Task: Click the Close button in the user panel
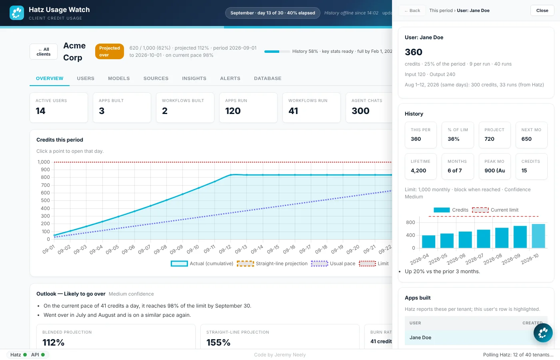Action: coord(542,10)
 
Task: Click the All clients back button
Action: coord(44,52)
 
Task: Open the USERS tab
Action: coord(86,78)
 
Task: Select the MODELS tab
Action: coord(119,78)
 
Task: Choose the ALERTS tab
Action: coord(230,78)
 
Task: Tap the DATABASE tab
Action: coord(268,78)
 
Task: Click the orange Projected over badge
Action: coord(110,51)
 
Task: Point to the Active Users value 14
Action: coord(40,111)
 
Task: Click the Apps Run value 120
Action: coord(233,111)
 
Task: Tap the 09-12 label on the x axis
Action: coord(225,249)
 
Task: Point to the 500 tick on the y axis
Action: coord(45,200)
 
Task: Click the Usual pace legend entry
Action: coord(333,264)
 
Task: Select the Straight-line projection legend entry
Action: coord(272,264)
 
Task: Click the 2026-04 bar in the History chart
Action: coord(428,242)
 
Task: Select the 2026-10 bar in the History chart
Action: coord(538,236)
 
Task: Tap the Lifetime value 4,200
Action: coord(418,170)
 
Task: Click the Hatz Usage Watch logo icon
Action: coord(17,13)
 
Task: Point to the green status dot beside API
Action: coord(43,354)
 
